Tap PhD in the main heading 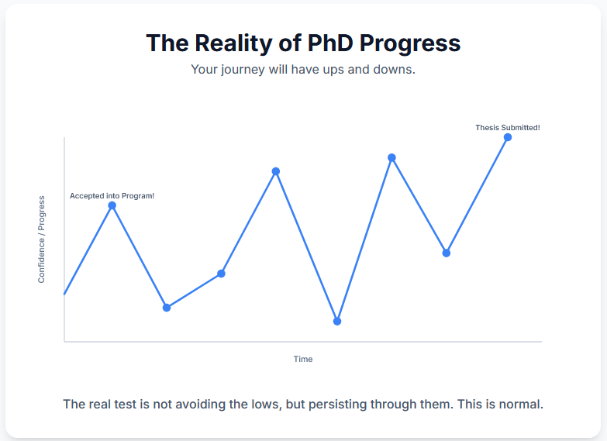click(x=330, y=43)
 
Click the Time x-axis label click(x=303, y=359)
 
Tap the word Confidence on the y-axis click(x=41, y=262)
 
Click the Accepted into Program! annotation click(x=112, y=196)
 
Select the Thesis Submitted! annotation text click(x=508, y=128)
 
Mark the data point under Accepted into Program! click(x=112, y=205)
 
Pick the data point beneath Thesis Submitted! click(x=508, y=137)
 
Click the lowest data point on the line click(x=337, y=322)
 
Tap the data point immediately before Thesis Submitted click(x=447, y=253)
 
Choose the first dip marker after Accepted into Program click(x=167, y=308)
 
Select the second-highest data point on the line click(x=391, y=157)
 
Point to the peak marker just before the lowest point click(x=276, y=171)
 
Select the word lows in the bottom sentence click(x=264, y=405)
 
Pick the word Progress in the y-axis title click(x=41, y=213)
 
